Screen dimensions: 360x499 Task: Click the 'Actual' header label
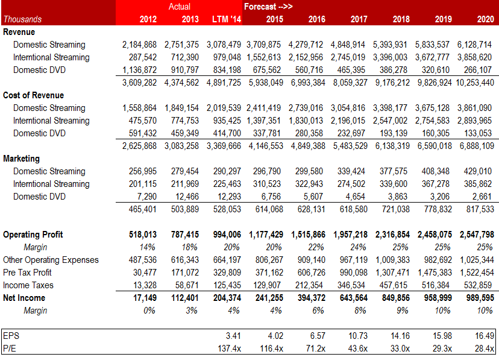pyautogui.click(x=180, y=7)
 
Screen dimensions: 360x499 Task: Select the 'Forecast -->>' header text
pyautogui.click(x=268, y=7)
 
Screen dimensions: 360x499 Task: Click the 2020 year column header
pyautogui.click(x=485, y=19)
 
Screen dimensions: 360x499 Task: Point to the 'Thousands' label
pyautogui.click(x=22, y=19)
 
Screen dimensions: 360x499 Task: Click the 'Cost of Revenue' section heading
pyautogui.click(x=34, y=95)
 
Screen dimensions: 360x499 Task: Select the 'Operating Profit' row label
pyautogui.click(x=33, y=235)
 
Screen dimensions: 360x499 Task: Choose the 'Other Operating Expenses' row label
pyautogui.click(x=51, y=260)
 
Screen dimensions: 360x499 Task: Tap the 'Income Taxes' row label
pyautogui.click(x=28, y=285)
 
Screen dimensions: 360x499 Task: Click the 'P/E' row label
pyautogui.click(x=10, y=349)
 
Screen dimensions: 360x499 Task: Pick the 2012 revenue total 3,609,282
pyautogui.click(x=139, y=83)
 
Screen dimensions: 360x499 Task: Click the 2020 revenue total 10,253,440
pyautogui.click(x=472, y=83)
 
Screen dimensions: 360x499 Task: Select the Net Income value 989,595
pyautogui.click(x=477, y=298)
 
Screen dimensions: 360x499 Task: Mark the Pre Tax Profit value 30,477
pyautogui.click(x=144, y=273)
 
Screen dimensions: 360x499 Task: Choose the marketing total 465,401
pyautogui.click(x=142, y=209)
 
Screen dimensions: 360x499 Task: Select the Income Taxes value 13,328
pyautogui.click(x=144, y=285)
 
